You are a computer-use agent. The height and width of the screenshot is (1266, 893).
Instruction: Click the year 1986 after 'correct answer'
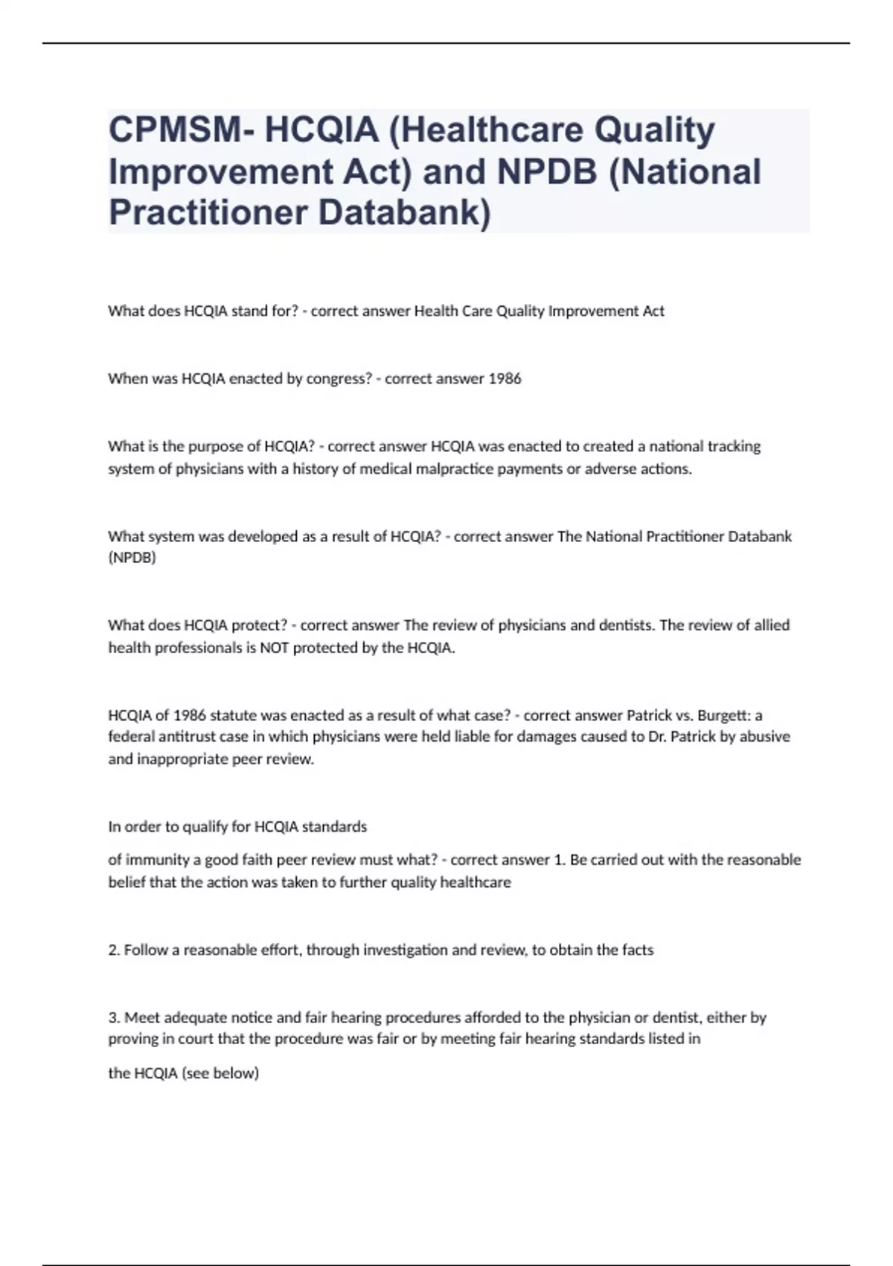505,378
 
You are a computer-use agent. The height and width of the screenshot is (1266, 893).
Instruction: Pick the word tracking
734,446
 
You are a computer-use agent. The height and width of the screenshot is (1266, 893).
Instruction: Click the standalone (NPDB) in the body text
132,558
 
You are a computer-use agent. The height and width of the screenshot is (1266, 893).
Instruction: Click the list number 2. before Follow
114,949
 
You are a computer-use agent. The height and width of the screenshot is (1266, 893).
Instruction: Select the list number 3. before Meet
114,1017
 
